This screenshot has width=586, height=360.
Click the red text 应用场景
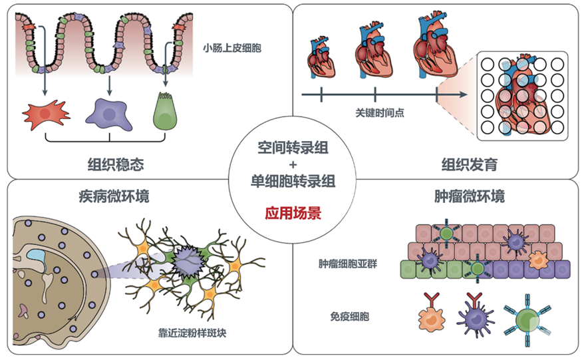293,213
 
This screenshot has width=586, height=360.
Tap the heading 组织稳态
116,164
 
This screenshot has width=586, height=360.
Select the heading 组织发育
470,164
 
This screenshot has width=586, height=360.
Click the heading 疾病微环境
114,196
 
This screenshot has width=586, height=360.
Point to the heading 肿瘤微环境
470,196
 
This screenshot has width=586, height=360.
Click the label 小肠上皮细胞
232,48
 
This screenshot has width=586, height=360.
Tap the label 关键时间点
380,112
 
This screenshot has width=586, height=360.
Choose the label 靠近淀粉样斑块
192,333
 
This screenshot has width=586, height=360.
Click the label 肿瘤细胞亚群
348,264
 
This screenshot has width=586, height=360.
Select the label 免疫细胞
349,317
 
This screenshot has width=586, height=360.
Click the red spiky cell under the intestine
46,114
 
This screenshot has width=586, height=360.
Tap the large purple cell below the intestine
109,114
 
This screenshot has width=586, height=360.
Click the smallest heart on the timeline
321,58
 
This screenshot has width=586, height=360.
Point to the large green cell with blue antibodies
527,320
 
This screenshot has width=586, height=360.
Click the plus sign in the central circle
293,164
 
